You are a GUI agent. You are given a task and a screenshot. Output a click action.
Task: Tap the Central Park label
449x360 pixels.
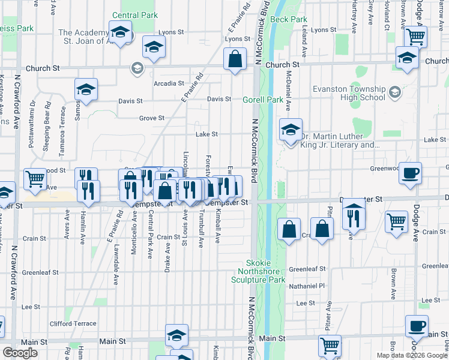(x=134, y=16)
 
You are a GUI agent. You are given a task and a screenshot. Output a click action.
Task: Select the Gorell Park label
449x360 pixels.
(x=262, y=100)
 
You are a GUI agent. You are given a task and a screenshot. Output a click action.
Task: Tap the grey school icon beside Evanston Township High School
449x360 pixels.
(x=394, y=92)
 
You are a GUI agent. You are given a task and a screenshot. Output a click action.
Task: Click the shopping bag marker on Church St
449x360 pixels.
(x=235, y=59)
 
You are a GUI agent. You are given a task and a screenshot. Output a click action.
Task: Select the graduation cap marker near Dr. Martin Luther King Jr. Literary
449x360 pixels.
(x=291, y=130)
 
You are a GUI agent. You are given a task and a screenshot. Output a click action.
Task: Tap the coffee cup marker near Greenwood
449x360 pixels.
(x=410, y=173)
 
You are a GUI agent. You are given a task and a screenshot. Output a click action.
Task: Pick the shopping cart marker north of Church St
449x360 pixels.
(x=415, y=36)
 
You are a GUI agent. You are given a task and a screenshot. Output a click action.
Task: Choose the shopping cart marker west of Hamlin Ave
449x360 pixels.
(x=35, y=178)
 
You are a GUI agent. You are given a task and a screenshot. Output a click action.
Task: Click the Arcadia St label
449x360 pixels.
(x=169, y=83)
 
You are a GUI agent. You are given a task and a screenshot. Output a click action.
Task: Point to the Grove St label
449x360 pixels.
(x=152, y=118)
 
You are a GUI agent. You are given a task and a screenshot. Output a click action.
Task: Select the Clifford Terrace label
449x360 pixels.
(x=73, y=323)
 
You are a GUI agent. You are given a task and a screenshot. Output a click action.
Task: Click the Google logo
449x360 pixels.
(x=20, y=353)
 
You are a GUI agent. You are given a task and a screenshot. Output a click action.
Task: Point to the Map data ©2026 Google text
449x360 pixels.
(x=411, y=355)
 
